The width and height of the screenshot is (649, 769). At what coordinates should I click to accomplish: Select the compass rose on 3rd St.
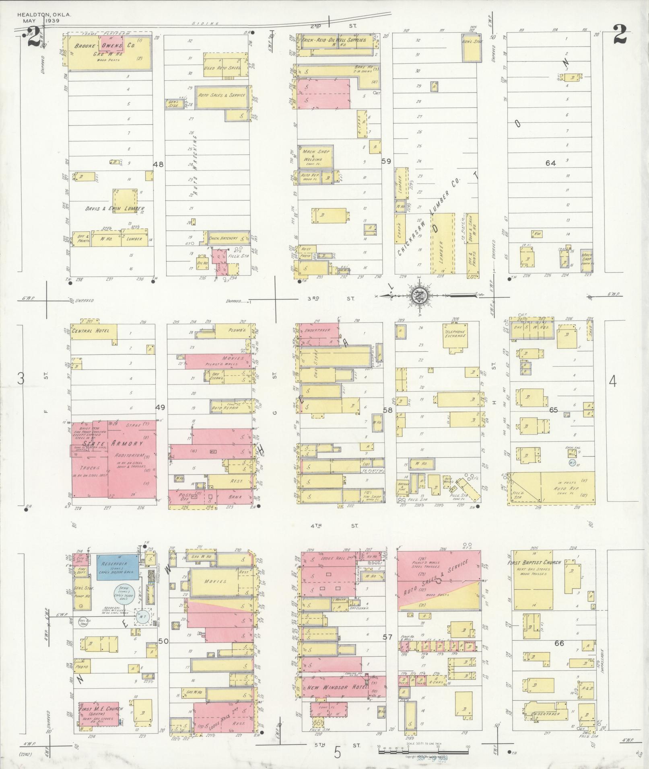(419, 296)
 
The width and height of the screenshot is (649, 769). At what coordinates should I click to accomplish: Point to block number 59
(386, 161)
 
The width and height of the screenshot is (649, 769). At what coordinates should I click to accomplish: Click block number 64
(550, 163)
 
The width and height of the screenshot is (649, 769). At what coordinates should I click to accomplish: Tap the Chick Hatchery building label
(223, 238)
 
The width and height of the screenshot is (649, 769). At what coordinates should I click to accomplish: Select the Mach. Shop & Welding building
(315, 156)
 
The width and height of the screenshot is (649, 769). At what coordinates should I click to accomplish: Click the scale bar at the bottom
(422, 747)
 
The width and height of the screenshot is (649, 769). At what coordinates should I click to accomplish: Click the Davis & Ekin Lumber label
(115, 209)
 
